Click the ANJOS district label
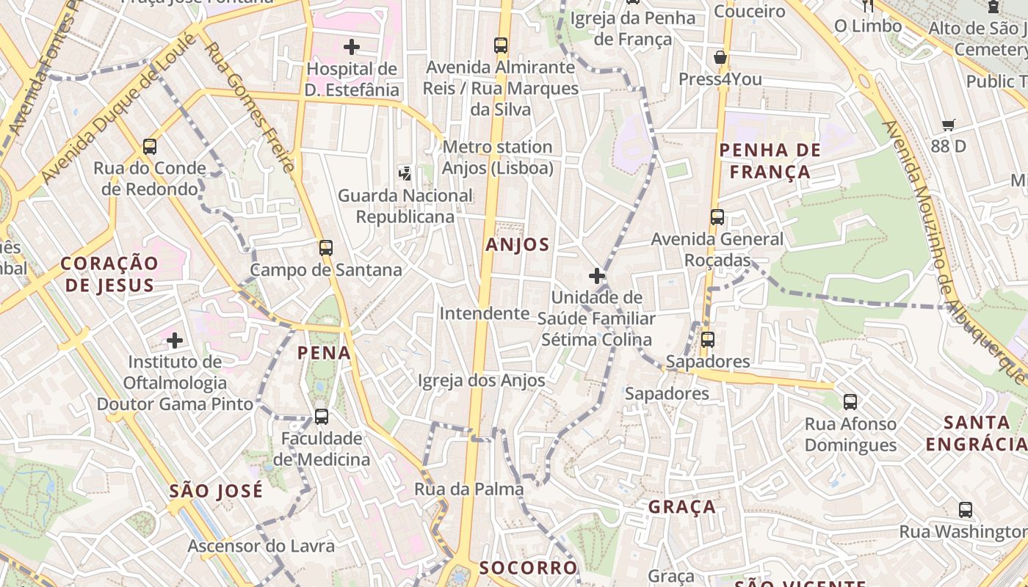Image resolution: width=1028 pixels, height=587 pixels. click(x=517, y=245)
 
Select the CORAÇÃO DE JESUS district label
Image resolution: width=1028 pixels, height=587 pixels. click(x=109, y=274)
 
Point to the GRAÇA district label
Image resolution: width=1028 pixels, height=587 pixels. click(x=682, y=507)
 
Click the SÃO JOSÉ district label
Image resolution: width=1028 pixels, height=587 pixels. click(x=216, y=491)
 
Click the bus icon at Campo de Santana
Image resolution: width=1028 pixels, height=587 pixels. click(x=326, y=248)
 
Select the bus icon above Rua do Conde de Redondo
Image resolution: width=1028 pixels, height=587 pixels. click(x=150, y=147)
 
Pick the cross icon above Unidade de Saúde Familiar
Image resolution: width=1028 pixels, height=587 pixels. click(x=597, y=277)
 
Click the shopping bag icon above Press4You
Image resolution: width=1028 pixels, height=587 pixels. click(x=720, y=57)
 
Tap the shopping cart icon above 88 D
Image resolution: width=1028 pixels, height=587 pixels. click(x=949, y=125)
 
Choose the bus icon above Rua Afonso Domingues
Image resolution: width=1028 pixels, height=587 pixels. click(x=850, y=402)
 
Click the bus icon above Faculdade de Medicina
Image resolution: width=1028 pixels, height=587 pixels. click(x=321, y=417)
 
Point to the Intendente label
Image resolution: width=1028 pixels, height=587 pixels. click(x=485, y=313)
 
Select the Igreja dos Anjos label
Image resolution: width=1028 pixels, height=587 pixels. click(x=482, y=380)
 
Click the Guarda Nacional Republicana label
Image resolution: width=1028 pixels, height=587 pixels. click(x=405, y=206)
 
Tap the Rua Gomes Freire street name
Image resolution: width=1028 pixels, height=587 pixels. click(x=250, y=106)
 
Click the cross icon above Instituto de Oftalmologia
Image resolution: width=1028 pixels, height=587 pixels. click(x=174, y=340)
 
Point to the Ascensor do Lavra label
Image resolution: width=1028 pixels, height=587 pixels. click(x=261, y=546)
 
